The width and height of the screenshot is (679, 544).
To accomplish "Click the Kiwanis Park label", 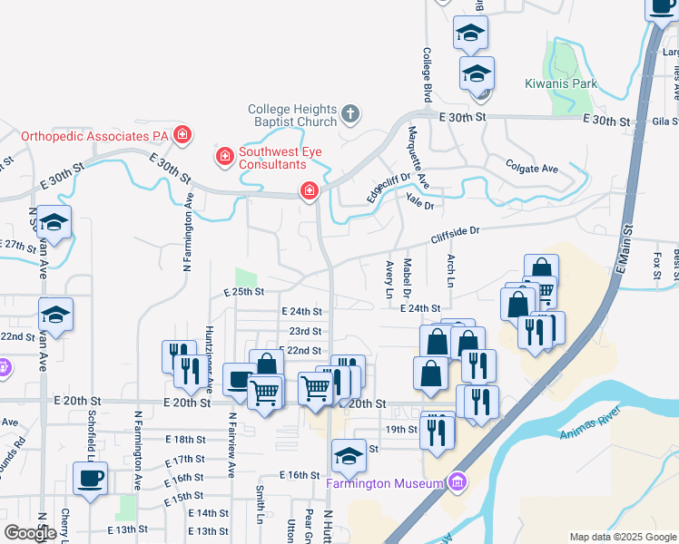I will coord(560,84).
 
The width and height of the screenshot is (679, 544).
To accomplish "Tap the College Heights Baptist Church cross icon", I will coord(351,115).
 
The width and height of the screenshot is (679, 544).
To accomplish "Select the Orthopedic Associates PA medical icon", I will coord(182,135).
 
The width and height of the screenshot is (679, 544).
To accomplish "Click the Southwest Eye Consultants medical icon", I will coord(223,158).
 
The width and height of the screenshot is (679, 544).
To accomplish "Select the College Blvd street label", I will coord(426,74).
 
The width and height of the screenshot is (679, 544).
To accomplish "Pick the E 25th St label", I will coord(243,292).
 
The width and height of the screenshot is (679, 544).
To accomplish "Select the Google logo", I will coord(30,532).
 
